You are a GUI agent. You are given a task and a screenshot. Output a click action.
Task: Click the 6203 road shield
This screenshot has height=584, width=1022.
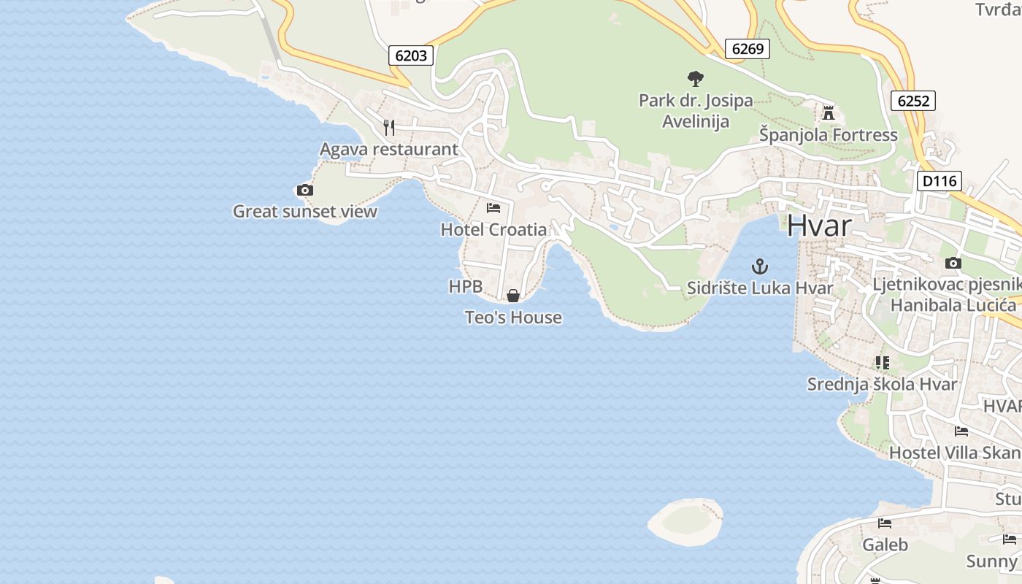click(411, 55)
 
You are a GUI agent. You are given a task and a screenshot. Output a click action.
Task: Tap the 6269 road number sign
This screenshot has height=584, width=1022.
click(748, 49)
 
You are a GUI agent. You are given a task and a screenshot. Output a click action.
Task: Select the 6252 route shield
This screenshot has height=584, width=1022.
click(913, 101)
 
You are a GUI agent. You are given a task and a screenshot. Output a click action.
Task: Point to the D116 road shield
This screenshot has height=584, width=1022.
click(940, 181)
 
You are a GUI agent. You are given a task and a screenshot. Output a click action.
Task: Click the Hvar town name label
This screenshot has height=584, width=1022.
click(819, 226)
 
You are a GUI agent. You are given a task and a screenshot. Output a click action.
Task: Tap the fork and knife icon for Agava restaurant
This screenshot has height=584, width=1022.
click(389, 128)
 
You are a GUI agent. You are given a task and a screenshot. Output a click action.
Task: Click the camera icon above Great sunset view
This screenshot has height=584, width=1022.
click(305, 191)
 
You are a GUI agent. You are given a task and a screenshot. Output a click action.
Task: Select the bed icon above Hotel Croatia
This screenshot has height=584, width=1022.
click(493, 208)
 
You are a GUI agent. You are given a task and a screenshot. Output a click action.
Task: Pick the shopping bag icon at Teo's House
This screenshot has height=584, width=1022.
click(513, 296)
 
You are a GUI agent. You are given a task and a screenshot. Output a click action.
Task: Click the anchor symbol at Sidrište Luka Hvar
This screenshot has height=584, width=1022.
click(760, 266)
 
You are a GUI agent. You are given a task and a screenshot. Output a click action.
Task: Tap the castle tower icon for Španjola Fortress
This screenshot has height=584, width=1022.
click(829, 113)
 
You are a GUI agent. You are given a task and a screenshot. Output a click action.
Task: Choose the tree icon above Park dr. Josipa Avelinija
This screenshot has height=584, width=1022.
click(696, 78)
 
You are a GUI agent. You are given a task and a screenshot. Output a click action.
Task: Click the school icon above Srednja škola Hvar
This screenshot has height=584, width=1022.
click(882, 363)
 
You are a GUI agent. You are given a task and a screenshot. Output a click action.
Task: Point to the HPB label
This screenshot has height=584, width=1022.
click(466, 287)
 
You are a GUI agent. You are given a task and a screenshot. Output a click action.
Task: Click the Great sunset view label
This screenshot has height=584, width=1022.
click(305, 212)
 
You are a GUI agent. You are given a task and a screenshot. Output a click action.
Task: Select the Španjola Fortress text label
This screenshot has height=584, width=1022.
click(829, 135)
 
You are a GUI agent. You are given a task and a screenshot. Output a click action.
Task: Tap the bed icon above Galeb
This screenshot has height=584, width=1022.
click(885, 523)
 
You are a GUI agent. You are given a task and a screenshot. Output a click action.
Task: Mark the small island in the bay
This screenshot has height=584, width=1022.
click(685, 520)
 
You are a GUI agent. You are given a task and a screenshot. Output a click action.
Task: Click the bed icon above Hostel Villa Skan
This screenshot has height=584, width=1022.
click(961, 431)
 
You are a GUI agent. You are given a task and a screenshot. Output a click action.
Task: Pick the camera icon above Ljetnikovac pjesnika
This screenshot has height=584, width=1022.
click(953, 264)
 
